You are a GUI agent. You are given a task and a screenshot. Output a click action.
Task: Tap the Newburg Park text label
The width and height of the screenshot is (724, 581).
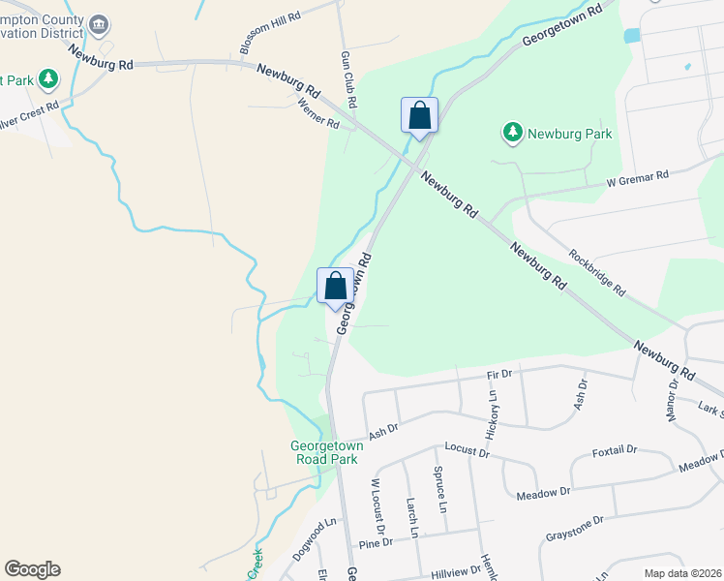(569, 135)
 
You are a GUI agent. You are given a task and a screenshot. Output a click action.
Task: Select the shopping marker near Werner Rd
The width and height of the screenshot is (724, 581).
(419, 116)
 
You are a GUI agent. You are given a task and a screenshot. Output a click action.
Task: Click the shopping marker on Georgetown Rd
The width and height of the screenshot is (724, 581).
(335, 287)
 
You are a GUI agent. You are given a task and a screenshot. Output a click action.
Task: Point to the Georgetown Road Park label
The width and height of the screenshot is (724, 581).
(324, 453)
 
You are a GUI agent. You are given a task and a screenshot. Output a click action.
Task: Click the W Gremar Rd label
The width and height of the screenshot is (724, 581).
(638, 177)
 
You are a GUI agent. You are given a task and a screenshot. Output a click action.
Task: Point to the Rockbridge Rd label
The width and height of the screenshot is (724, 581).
(597, 274)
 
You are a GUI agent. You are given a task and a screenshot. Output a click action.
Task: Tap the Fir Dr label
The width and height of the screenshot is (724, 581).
(499, 373)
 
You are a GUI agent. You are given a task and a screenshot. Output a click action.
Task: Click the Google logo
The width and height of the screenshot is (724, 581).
(32, 569)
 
